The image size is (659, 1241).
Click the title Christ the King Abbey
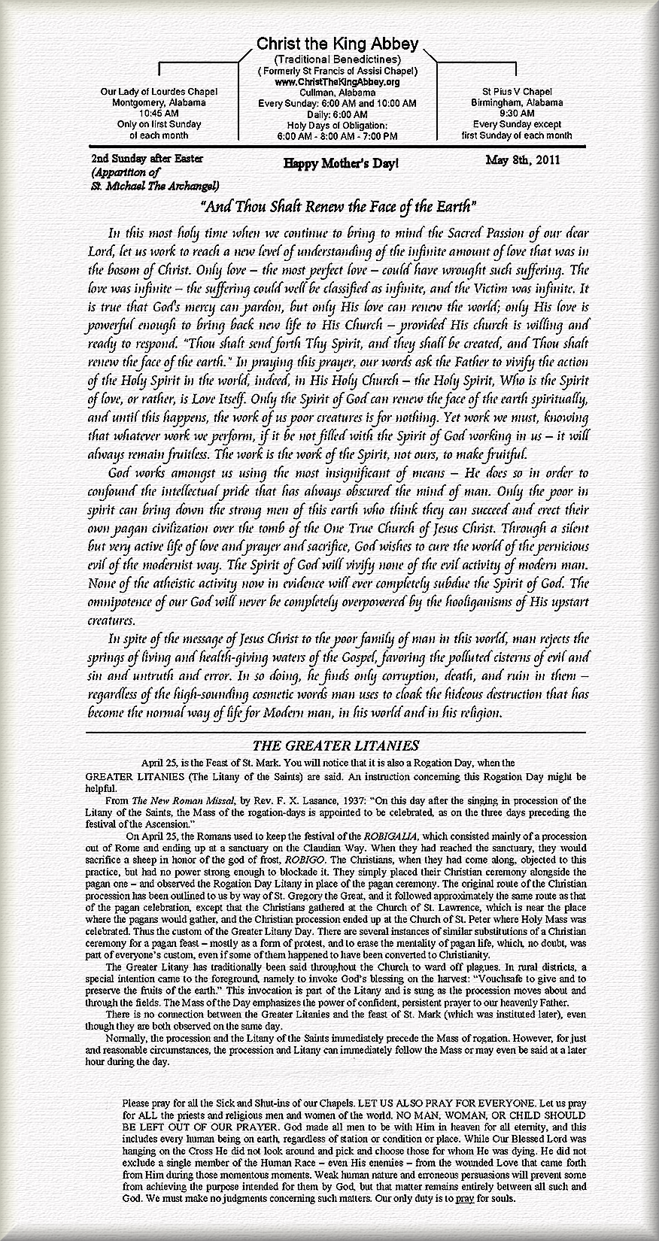click(x=336, y=45)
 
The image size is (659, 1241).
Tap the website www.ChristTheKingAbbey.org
click(x=336, y=81)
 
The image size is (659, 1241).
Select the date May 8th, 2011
click(x=523, y=159)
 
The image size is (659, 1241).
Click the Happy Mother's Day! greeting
click(x=341, y=162)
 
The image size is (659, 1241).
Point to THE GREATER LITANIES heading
click(x=336, y=745)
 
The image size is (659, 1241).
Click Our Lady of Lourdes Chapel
click(x=159, y=92)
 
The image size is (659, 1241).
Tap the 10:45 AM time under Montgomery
click(x=159, y=114)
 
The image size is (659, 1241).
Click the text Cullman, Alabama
click(x=336, y=92)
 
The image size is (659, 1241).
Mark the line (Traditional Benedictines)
click(x=336, y=59)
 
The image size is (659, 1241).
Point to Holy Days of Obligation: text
click(x=336, y=125)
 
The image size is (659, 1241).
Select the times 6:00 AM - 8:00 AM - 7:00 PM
click(x=336, y=136)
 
